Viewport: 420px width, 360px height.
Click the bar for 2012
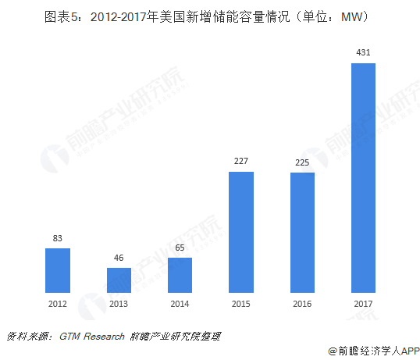click(57, 270)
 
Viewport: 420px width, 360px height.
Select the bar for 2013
click(119, 280)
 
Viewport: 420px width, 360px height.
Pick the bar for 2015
click(241, 232)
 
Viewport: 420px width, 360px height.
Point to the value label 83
click(57, 238)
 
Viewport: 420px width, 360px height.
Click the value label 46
click(119, 258)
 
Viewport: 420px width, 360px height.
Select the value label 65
click(180, 248)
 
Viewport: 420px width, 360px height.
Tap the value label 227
click(241, 162)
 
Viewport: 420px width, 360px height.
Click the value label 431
click(364, 52)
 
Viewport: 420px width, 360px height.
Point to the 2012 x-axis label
click(57, 305)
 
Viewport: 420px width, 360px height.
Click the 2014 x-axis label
click(180, 305)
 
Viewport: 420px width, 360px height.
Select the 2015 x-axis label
click(241, 305)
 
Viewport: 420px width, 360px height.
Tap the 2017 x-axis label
click(364, 305)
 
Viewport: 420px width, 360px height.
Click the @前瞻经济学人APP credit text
click(373, 351)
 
